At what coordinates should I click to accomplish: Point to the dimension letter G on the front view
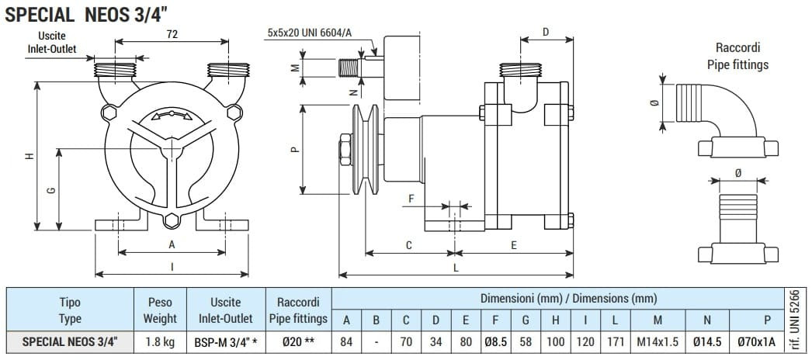50,191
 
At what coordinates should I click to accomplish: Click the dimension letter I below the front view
172,267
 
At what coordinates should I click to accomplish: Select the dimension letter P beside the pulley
294,151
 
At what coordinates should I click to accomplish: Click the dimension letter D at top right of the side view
546,32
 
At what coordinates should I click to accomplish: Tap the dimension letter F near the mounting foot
411,199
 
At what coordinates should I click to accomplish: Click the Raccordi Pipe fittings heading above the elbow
737,56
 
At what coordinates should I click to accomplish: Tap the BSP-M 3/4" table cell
225,341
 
